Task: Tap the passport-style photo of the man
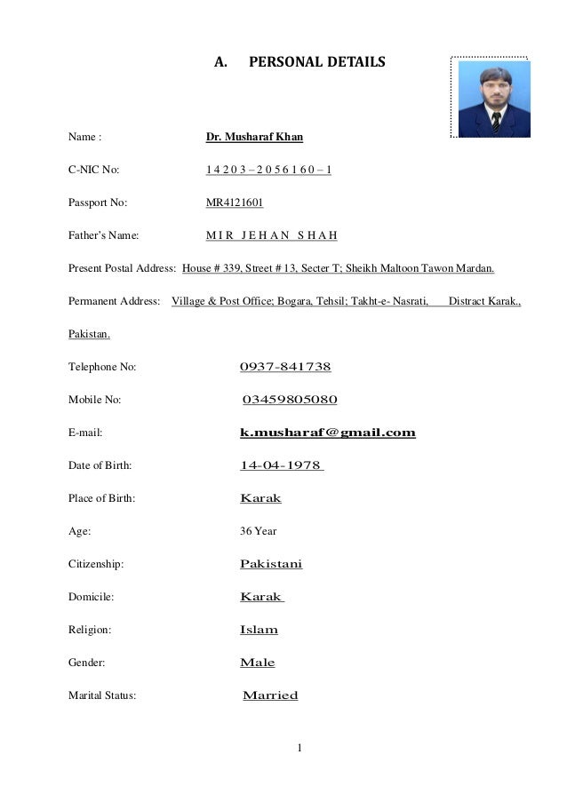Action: (491, 98)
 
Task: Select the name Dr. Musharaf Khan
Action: (253, 138)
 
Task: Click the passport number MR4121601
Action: (235, 203)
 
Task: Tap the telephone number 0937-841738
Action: (285, 367)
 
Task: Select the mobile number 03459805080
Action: (290, 400)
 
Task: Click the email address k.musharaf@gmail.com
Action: (328, 433)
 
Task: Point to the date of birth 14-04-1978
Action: (281, 465)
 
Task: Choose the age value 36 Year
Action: (259, 531)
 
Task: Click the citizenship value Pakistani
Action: (271, 564)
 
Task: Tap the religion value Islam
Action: (260, 630)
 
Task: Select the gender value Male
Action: (258, 663)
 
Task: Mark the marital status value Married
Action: (270, 695)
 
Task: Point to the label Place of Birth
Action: (102, 498)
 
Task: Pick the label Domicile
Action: (92, 597)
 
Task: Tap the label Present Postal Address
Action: (122, 268)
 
